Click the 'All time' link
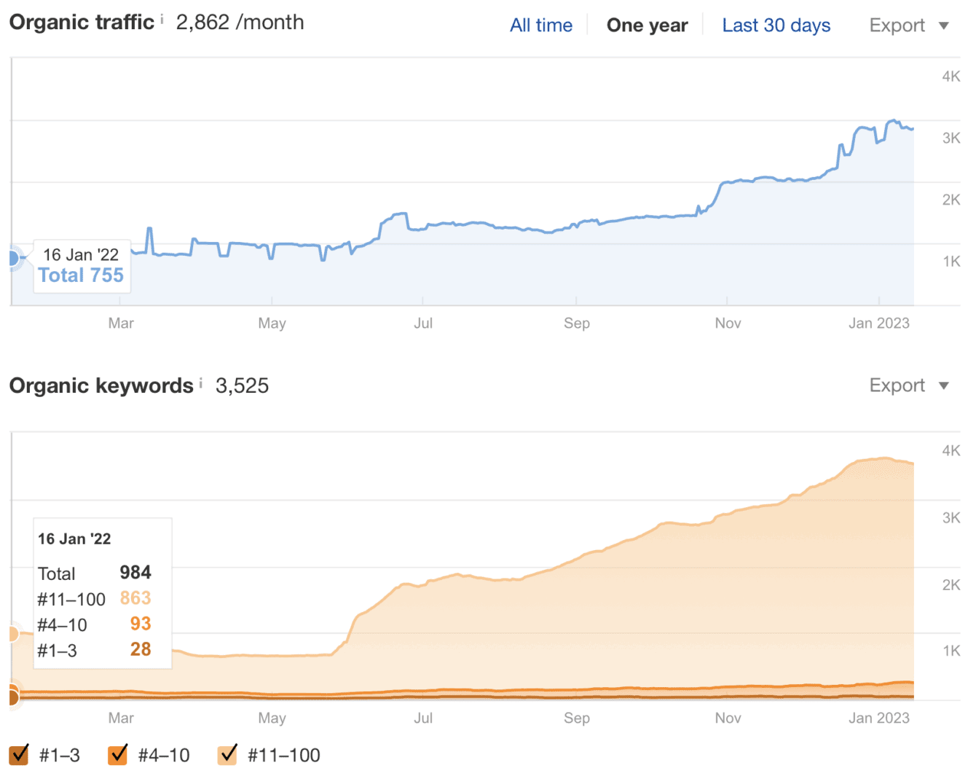[540, 26]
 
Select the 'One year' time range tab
[647, 26]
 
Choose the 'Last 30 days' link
[776, 26]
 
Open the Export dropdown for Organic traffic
[908, 26]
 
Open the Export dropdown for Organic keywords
[908, 385]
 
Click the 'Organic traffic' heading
[82, 23]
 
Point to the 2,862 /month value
[240, 23]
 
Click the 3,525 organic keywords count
[242, 385]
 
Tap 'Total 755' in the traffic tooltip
[81, 275]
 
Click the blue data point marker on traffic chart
[12, 258]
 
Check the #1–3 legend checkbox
[20, 755]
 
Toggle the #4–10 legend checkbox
[117, 755]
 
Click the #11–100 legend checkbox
[227, 755]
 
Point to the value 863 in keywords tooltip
[135, 598]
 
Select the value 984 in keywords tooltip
[135, 573]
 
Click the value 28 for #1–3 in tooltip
[141, 649]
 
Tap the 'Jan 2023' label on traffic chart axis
[878, 324]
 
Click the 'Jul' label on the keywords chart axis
[423, 718]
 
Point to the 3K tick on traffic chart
[951, 138]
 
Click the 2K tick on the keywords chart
[951, 584]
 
